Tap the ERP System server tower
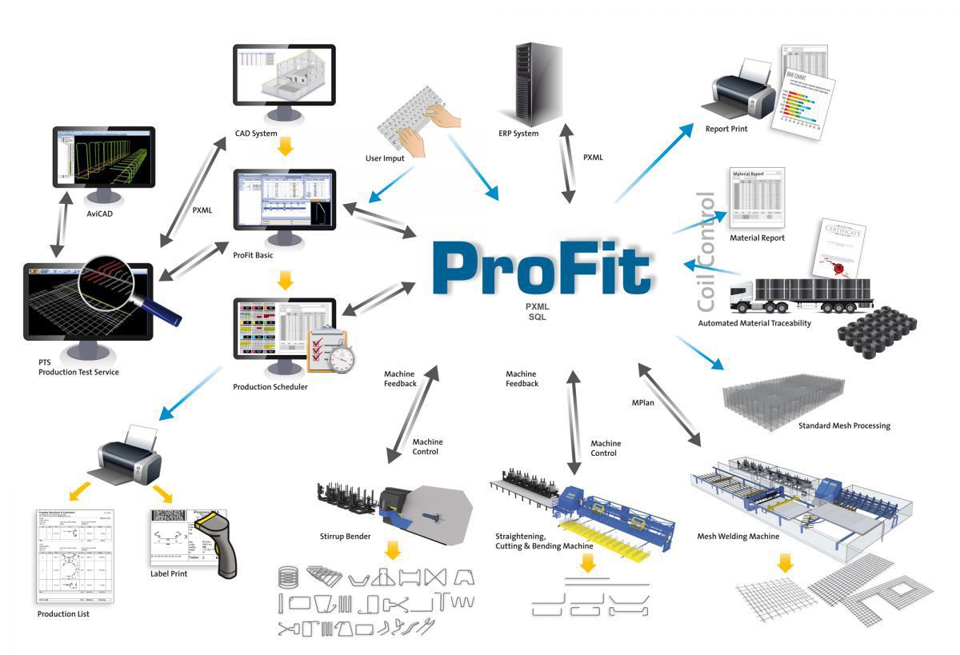[x=530, y=84]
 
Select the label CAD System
[x=256, y=134]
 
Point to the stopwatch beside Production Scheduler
[x=342, y=357]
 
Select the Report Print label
[x=726, y=129]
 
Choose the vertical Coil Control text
[x=706, y=252]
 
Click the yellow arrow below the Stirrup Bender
[x=392, y=550]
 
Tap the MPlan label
[x=642, y=402]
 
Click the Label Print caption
[x=169, y=573]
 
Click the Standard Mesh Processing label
[x=844, y=425]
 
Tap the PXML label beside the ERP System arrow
[x=593, y=158]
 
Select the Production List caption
[x=63, y=613]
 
